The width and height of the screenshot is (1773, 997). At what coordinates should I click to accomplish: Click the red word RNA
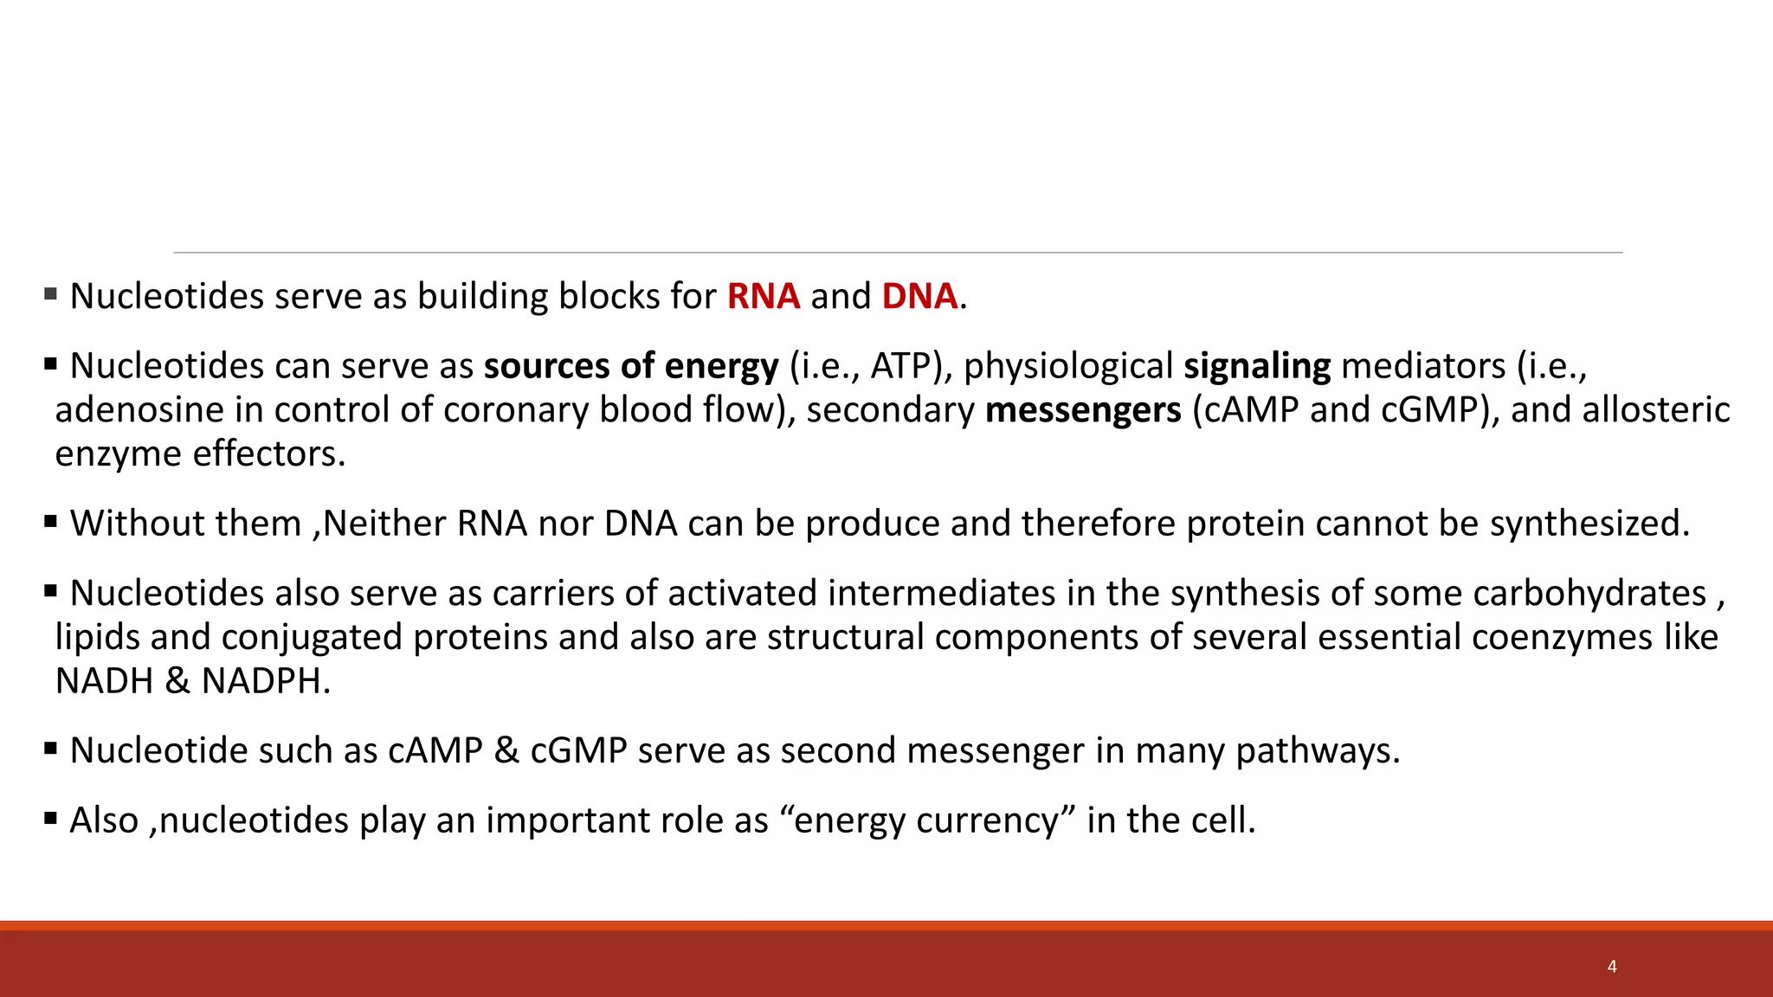coord(763,296)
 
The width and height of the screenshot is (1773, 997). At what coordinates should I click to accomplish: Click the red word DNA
coord(919,296)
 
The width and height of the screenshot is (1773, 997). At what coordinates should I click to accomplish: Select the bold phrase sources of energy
coord(630,366)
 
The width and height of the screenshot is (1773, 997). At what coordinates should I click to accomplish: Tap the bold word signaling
coord(1256,366)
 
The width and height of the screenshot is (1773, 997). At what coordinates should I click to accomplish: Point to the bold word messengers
coord(1082,410)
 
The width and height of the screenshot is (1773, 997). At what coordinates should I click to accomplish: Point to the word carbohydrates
coord(1589,594)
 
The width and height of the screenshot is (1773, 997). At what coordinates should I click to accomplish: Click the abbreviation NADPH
coord(265,682)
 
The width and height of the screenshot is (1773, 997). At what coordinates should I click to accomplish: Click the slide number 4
coord(1612,967)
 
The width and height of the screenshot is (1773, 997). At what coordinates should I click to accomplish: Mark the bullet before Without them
coord(50,521)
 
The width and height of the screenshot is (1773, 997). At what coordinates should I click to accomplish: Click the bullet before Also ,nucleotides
coord(50,817)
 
